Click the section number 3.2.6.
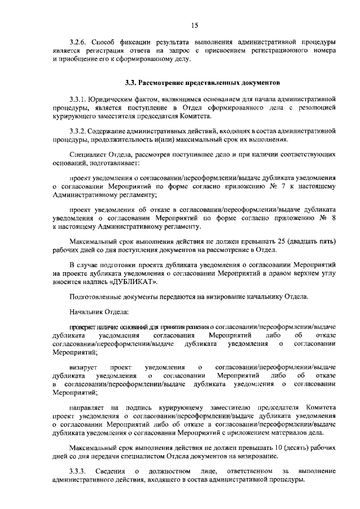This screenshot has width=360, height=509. [78, 42]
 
